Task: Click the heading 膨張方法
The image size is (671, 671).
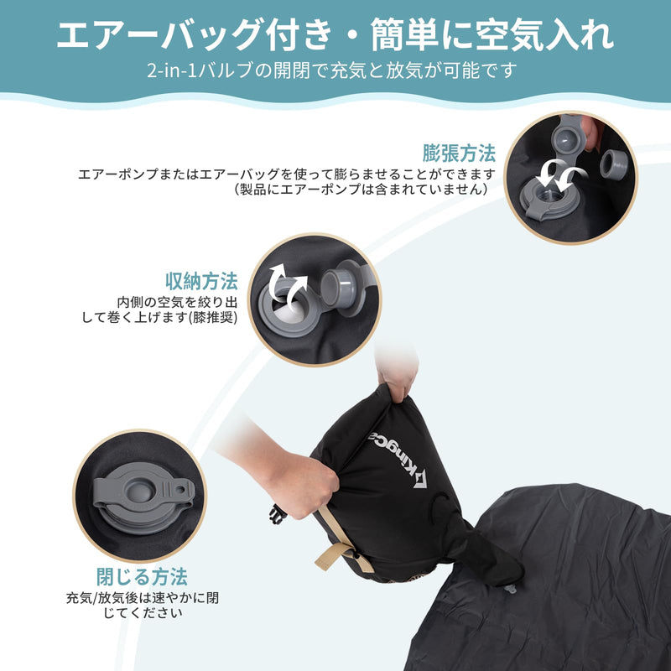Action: coord(459,153)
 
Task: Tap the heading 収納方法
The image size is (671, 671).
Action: coord(201,280)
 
